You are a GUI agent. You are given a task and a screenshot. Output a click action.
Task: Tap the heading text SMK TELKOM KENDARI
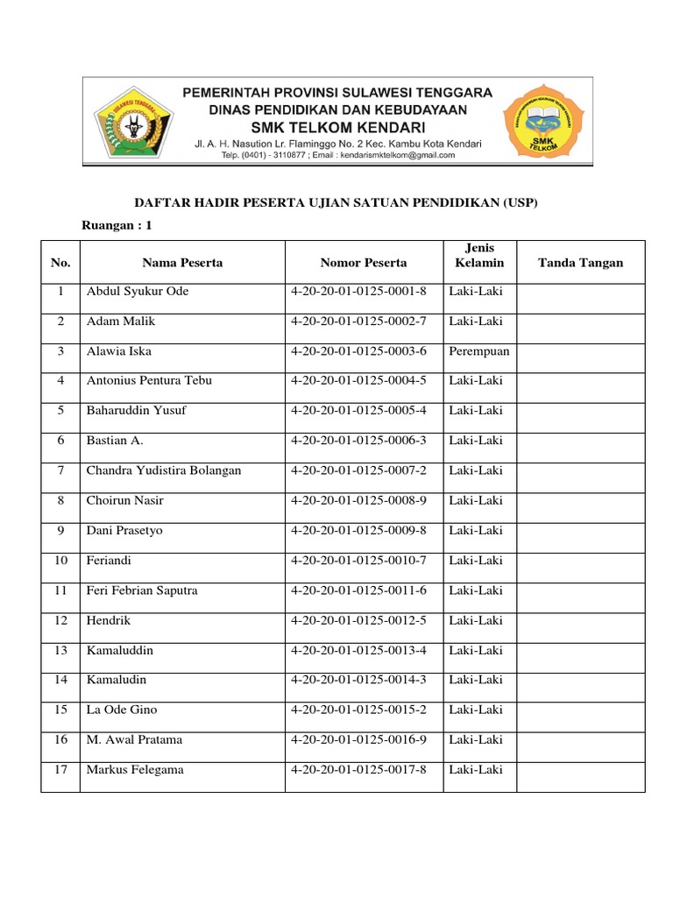click(337, 127)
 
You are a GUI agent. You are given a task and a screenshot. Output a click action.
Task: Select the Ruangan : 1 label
click(117, 225)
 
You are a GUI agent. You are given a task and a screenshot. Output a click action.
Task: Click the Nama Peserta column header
click(182, 263)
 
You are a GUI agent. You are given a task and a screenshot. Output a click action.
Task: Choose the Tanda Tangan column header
click(580, 263)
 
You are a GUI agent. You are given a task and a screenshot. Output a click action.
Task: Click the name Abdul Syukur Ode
click(137, 292)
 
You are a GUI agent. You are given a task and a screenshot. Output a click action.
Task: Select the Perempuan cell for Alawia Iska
click(478, 351)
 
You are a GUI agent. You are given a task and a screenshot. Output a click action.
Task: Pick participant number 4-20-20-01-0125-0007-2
click(358, 470)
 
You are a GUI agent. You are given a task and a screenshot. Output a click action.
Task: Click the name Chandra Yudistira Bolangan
click(164, 470)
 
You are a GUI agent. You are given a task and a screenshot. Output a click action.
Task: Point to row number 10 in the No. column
click(60, 561)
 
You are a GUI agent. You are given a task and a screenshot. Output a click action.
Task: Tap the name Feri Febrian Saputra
click(142, 590)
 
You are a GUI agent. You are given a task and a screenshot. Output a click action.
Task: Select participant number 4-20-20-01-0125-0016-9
click(358, 740)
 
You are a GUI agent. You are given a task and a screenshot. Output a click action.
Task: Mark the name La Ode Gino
click(122, 710)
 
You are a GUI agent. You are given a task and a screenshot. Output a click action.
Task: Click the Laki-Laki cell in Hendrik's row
click(476, 620)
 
